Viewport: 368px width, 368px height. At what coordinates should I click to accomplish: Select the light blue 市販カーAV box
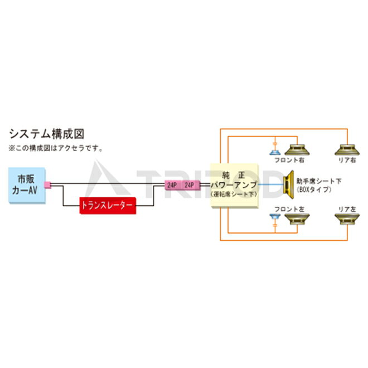(26, 186)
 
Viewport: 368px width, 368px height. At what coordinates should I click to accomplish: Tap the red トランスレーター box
(108, 205)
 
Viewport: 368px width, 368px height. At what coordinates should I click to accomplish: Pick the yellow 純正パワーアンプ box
(234, 186)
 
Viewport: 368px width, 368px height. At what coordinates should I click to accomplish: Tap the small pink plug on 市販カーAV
(47, 185)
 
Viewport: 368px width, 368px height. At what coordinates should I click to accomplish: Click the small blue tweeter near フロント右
(274, 152)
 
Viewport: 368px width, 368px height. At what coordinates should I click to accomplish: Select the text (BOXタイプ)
(316, 190)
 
